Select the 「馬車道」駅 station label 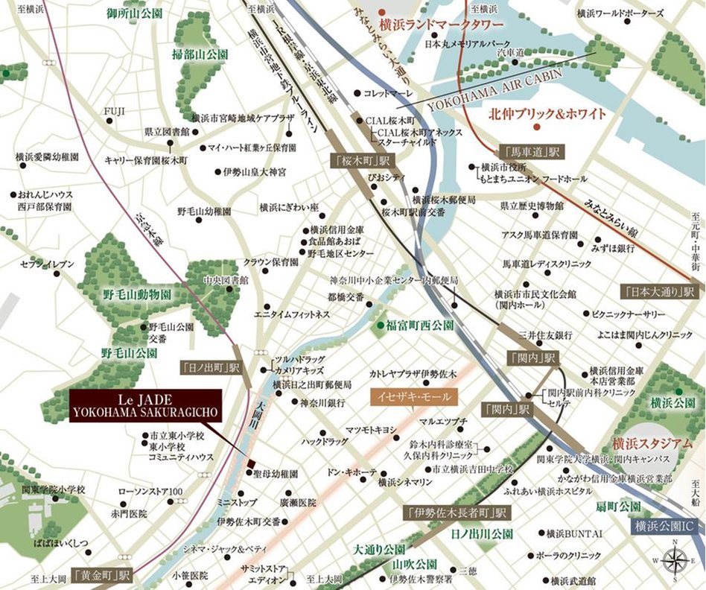click(532, 151)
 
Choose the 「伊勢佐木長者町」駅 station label click(457, 513)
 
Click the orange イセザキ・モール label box click(410, 397)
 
